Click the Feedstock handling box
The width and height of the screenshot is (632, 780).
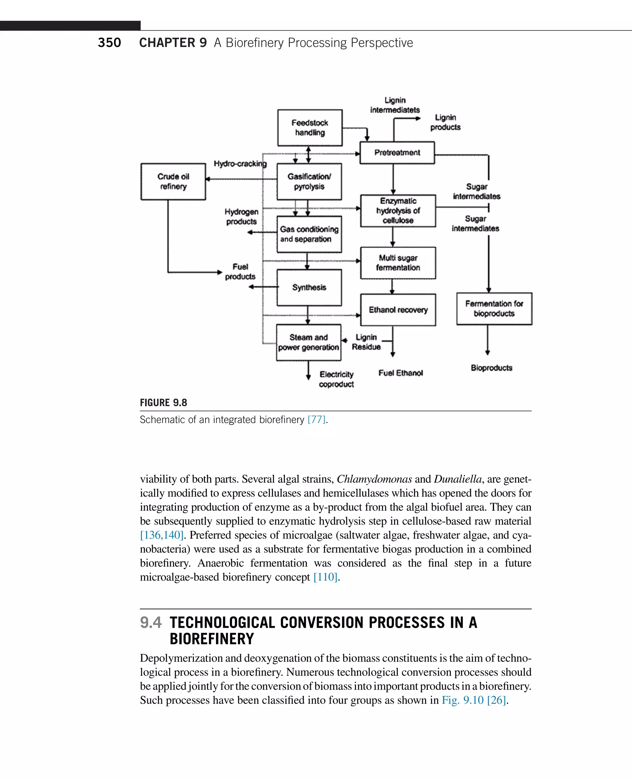[310, 128]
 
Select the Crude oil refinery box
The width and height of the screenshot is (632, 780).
[173, 182]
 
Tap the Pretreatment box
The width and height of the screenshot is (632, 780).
[397, 153]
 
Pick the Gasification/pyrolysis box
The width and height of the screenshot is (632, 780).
[309, 182]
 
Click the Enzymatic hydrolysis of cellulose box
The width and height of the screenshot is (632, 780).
[398, 211]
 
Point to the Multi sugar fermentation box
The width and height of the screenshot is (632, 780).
[398, 263]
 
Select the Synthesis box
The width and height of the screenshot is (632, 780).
[309, 287]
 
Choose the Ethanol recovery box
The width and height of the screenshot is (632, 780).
[398, 310]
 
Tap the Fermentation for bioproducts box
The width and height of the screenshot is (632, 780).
[494, 308]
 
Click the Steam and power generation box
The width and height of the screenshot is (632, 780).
[309, 342]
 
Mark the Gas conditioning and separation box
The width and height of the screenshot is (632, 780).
[309, 234]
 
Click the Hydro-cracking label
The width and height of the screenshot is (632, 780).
[240, 164]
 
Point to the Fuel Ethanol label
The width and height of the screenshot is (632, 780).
[401, 373]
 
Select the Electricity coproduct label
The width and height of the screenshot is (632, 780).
[336, 379]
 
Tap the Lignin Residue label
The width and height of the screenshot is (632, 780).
[366, 342]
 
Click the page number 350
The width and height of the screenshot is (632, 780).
[109, 43]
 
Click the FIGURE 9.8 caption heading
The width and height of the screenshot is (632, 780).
[164, 403]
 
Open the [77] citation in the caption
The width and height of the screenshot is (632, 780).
[316, 420]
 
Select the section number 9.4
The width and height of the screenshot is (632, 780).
[151, 623]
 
